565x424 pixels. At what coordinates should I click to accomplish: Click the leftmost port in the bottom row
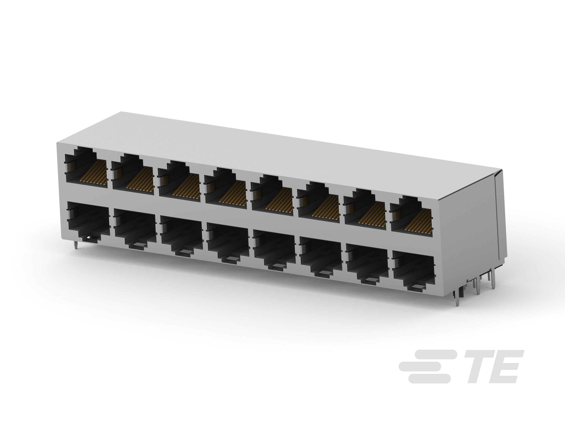coord(88,220)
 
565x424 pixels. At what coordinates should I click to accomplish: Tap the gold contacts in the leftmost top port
coord(94,174)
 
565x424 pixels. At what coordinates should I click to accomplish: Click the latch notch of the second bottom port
coord(138,246)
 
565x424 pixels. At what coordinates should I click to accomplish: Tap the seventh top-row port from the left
coord(365,210)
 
